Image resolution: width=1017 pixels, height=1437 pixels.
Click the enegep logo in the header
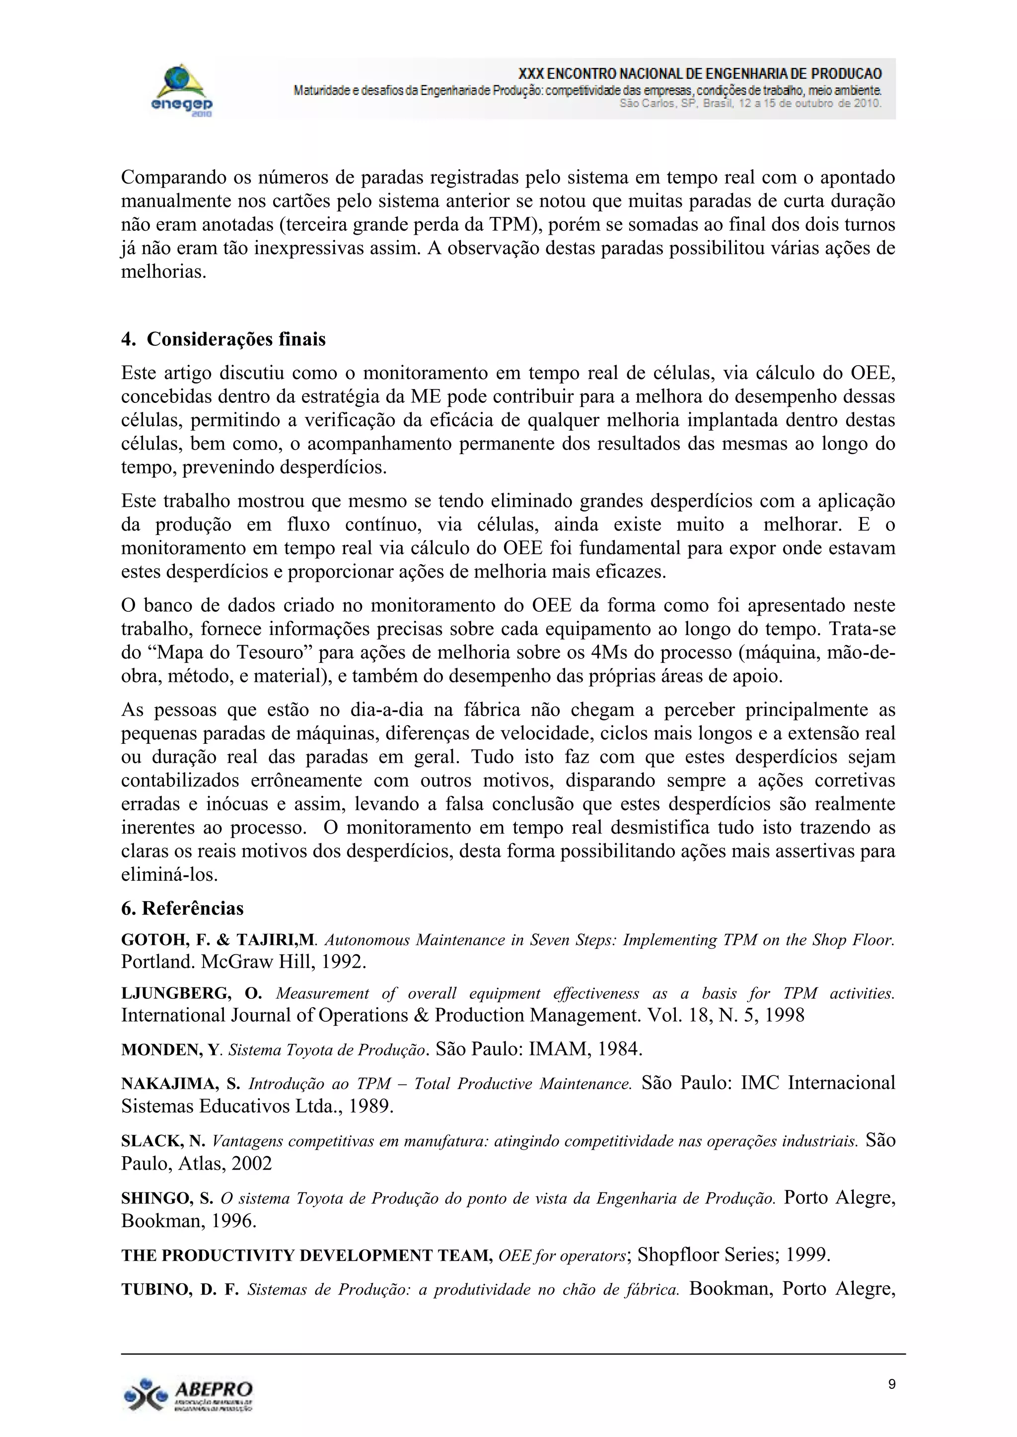pyautogui.click(x=181, y=89)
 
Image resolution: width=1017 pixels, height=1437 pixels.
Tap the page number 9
pyautogui.click(x=892, y=1384)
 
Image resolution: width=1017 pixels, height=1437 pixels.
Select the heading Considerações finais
pyautogui.click(x=223, y=339)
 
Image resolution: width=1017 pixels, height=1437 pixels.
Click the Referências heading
pyautogui.click(x=182, y=908)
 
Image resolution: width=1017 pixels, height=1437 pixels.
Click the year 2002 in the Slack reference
pyautogui.click(x=252, y=1164)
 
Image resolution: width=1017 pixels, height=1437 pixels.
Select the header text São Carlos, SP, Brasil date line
pyautogui.click(x=750, y=103)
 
